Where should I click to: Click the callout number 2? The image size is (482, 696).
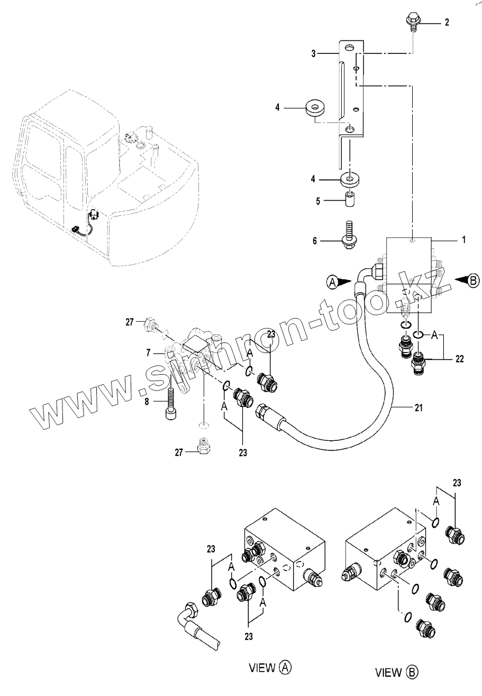pyautogui.click(x=447, y=22)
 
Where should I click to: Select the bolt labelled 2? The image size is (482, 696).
pyautogui.click(x=412, y=22)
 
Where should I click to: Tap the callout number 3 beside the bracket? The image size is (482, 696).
pyautogui.click(x=313, y=53)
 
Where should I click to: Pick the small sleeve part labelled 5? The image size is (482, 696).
pyautogui.click(x=349, y=201)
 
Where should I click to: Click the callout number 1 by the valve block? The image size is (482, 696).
pyautogui.click(x=463, y=240)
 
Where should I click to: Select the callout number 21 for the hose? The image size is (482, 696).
pyautogui.click(x=419, y=408)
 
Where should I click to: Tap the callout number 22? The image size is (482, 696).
pyautogui.click(x=459, y=359)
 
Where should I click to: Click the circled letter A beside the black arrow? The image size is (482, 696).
pyautogui.click(x=332, y=283)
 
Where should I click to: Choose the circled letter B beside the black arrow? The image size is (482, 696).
pyautogui.click(x=473, y=281)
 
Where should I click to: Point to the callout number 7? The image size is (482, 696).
pyautogui.click(x=149, y=352)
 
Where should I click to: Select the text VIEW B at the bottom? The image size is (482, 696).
pyautogui.click(x=396, y=673)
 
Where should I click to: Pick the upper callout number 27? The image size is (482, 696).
pyautogui.click(x=130, y=321)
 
